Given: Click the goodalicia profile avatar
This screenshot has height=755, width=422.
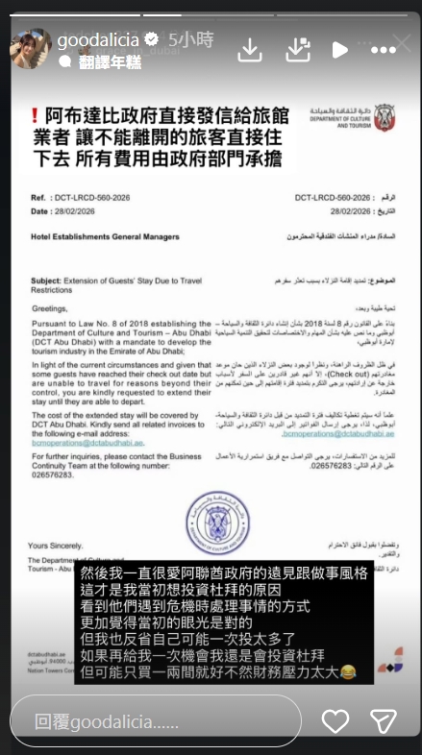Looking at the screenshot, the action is (x=31, y=48).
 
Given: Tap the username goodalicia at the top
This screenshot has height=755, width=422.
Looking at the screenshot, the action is (x=98, y=40).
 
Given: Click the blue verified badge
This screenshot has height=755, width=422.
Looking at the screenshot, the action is (x=151, y=40).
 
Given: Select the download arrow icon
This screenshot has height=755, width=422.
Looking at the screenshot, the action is (x=249, y=49).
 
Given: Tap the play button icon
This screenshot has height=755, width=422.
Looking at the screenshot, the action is (x=338, y=49).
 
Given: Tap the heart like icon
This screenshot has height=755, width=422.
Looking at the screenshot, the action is (x=335, y=720).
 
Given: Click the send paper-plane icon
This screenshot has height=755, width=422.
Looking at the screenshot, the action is (x=385, y=720).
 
